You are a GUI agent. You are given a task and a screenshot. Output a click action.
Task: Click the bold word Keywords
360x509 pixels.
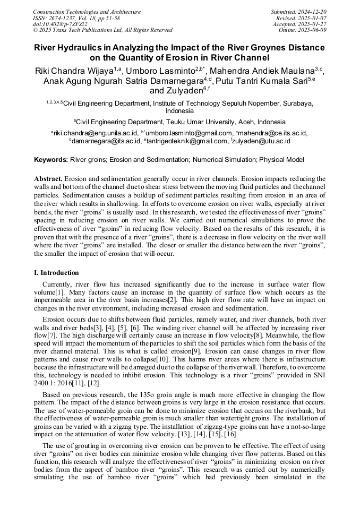51,159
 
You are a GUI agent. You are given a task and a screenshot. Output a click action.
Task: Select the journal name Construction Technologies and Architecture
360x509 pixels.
87,12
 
